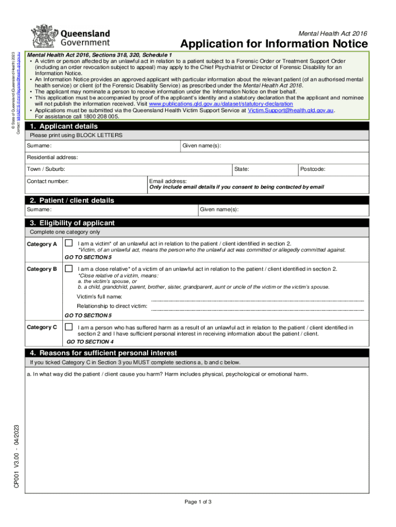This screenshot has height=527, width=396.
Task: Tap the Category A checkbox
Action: (x=68, y=243)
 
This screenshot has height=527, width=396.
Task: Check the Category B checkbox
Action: (x=68, y=269)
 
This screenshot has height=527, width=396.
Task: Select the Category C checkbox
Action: (x=68, y=327)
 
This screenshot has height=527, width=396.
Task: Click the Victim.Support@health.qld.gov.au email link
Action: (x=291, y=110)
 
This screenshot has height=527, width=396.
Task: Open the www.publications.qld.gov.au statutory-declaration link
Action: (x=224, y=104)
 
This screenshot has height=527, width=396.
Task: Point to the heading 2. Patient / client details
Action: (x=71, y=200)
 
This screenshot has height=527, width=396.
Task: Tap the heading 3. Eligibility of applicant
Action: (x=72, y=223)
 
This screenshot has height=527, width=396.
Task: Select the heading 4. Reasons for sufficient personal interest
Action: (x=103, y=353)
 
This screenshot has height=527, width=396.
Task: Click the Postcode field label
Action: (x=313, y=169)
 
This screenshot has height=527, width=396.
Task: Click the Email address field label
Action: (x=168, y=181)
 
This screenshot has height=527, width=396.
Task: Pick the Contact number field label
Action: (x=48, y=181)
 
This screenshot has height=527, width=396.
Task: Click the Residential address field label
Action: (x=52, y=157)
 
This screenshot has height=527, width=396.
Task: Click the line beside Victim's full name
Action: (x=257, y=298)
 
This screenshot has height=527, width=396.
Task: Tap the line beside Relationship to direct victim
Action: (x=257, y=309)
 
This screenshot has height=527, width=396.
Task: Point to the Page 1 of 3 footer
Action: (x=198, y=502)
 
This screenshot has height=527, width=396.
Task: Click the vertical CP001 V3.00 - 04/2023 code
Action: (x=17, y=456)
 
